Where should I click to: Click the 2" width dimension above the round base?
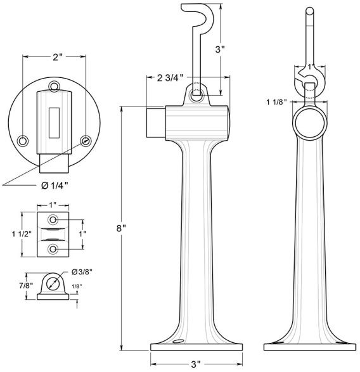tap(56, 57)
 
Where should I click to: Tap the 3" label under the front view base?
tap(196, 364)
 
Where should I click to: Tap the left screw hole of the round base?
tap(23, 139)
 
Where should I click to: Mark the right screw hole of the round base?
tap(86, 139)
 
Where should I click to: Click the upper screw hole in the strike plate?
tap(55, 219)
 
